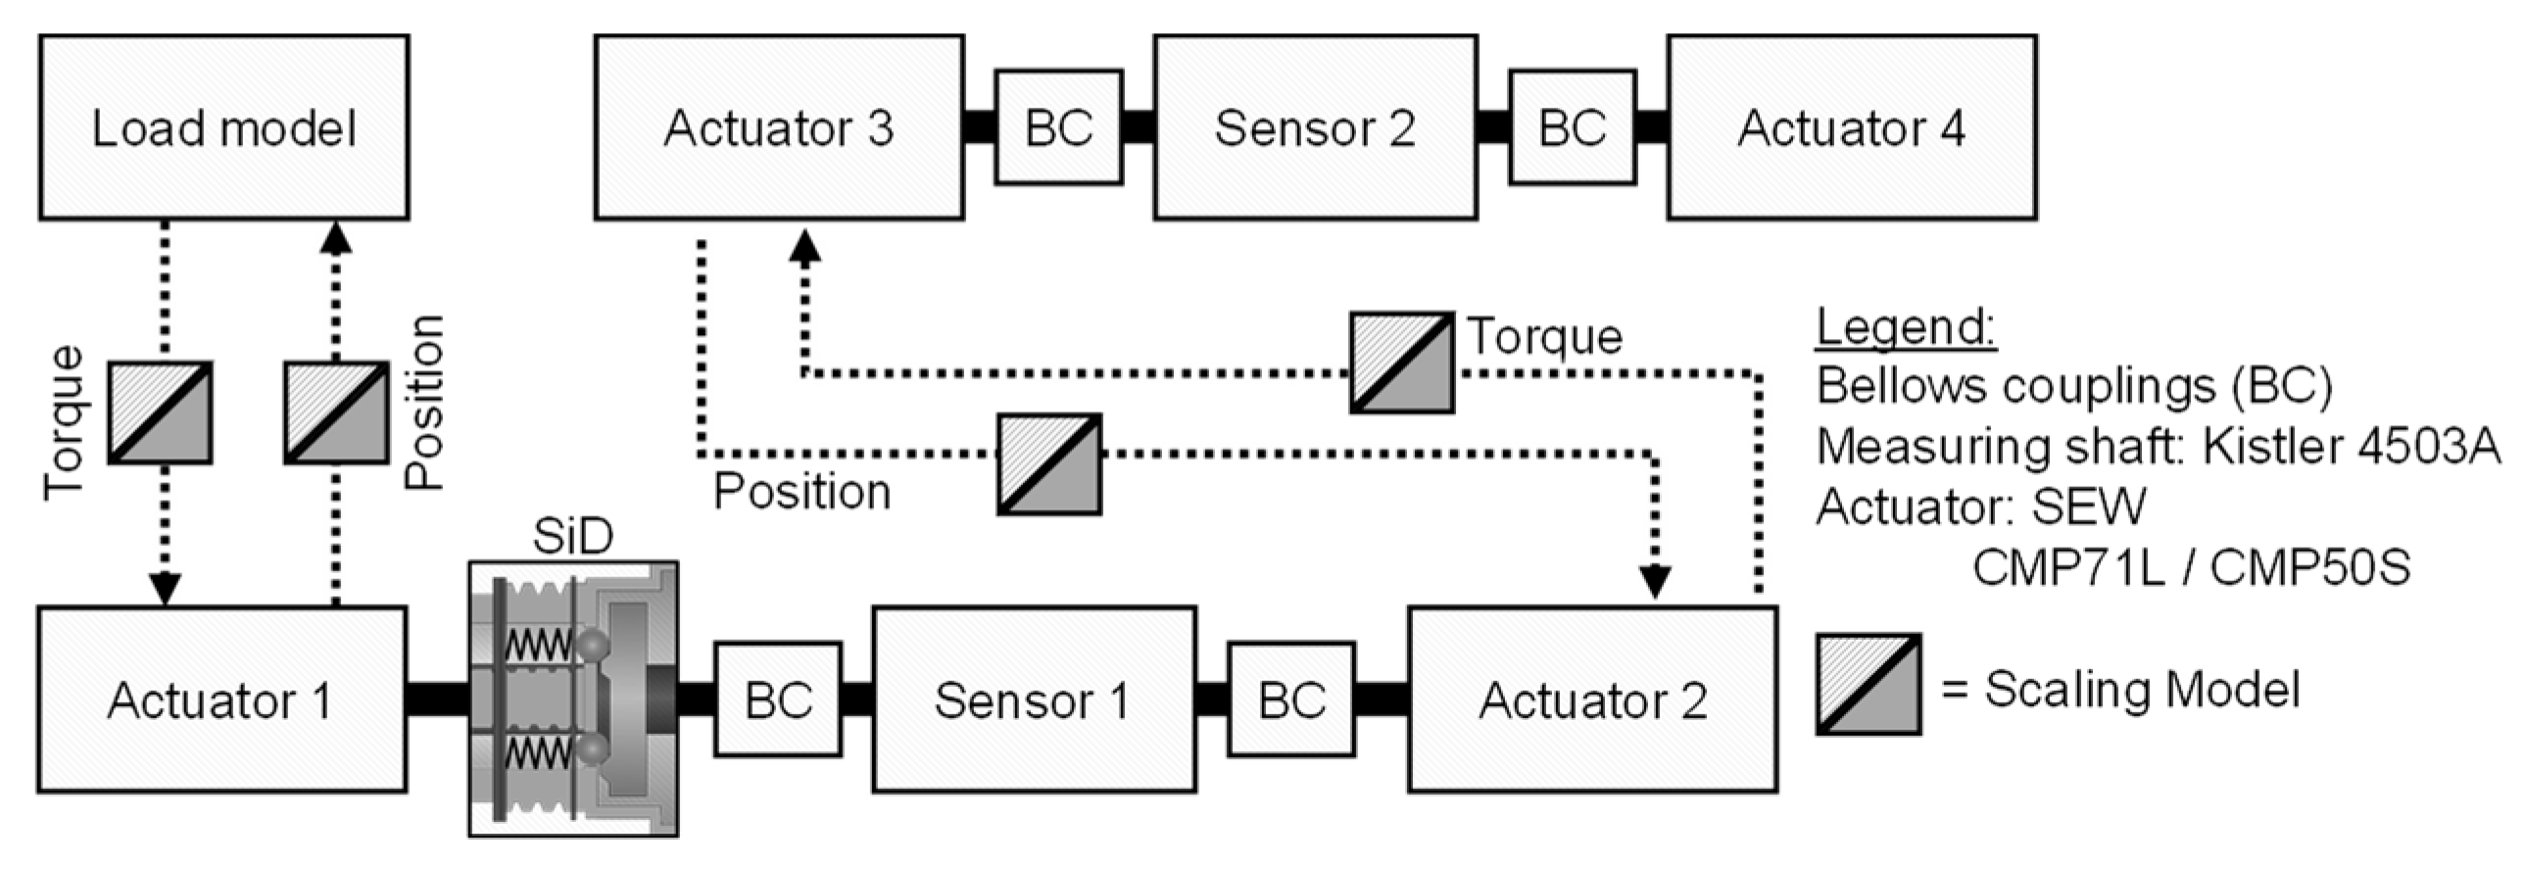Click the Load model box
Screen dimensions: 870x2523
(x=223, y=127)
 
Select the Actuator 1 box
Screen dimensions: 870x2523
(x=221, y=700)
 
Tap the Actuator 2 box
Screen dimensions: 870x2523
(x=1592, y=700)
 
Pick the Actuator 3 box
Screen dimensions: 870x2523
(x=778, y=127)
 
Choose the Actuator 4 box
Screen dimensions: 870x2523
(x=1851, y=127)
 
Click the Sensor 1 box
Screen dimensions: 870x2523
(x=1033, y=700)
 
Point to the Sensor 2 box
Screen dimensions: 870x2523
(x=1315, y=127)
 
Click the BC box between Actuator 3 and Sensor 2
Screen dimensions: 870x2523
(x=1058, y=127)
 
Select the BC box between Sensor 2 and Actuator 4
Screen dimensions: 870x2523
(x=1572, y=127)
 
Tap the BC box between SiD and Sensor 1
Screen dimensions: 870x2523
(x=777, y=700)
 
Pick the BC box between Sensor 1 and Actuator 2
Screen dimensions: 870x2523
(x=1290, y=700)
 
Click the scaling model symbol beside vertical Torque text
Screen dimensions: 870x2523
(x=160, y=412)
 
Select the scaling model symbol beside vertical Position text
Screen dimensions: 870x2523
(x=336, y=412)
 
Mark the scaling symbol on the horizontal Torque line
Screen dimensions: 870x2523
(x=1401, y=362)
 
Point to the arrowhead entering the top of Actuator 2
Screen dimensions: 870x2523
(x=1655, y=583)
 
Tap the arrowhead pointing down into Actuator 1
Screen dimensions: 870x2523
(x=164, y=589)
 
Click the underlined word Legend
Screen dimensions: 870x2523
(x=1906, y=327)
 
